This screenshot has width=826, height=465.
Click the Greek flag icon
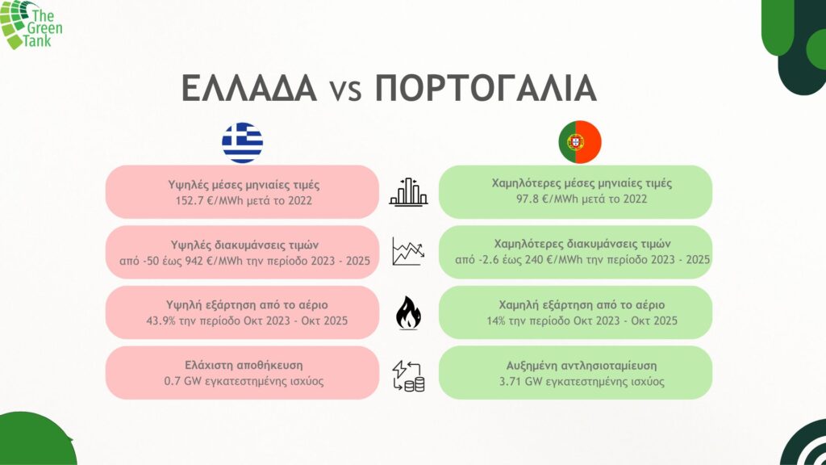pos(242,142)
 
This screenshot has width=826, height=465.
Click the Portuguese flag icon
pos(580,142)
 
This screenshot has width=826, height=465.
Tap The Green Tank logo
pos(31,25)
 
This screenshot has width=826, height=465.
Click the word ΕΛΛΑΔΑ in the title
pos(249,88)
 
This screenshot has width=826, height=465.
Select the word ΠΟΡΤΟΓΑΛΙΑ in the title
pos(486,88)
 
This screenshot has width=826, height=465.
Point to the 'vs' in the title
pos(346,90)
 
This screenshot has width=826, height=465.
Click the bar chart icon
pos(408,192)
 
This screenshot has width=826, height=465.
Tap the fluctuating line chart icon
pos(408,252)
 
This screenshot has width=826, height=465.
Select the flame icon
pos(408,312)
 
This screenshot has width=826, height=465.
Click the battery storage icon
pos(408,376)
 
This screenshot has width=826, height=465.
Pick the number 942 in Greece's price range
pos(194,261)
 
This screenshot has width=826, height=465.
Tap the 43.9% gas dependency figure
pos(161,321)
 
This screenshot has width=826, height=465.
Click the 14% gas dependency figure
pos(495,320)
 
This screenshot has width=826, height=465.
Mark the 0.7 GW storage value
pos(180,381)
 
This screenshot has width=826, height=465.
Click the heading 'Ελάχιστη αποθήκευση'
pos(244,366)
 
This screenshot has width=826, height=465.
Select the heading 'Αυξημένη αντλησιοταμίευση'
pos(582,366)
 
